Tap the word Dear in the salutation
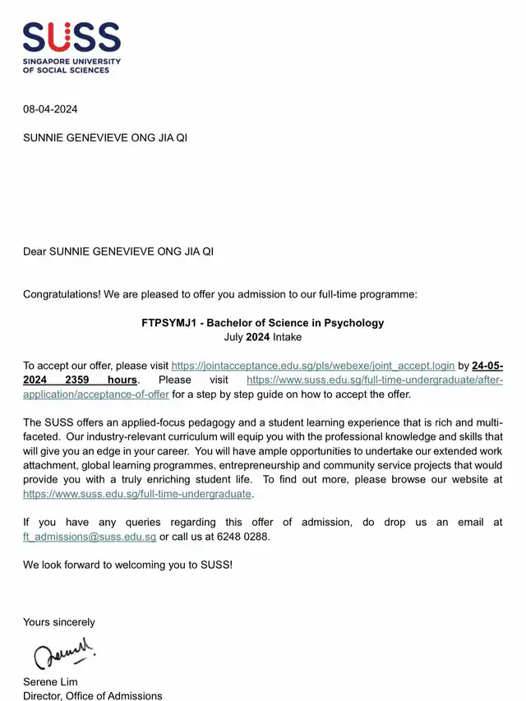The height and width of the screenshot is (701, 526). (x=35, y=251)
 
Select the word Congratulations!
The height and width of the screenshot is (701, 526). (x=62, y=293)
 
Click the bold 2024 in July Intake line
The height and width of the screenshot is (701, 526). (x=258, y=337)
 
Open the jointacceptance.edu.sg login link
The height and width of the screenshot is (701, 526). (x=312, y=366)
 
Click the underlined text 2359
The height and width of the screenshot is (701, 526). (x=81, y=380)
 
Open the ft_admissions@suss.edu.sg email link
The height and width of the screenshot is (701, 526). (x=90, y=537)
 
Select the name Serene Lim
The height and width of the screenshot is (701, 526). (x=50, y=682)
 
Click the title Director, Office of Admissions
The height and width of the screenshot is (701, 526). (x=92, y=696)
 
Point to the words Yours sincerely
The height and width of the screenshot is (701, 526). (x=59, y=622)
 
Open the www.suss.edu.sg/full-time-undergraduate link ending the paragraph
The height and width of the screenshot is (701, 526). (x=138, y=494)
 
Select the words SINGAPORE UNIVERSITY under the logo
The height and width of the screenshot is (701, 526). (x=72, y=62)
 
